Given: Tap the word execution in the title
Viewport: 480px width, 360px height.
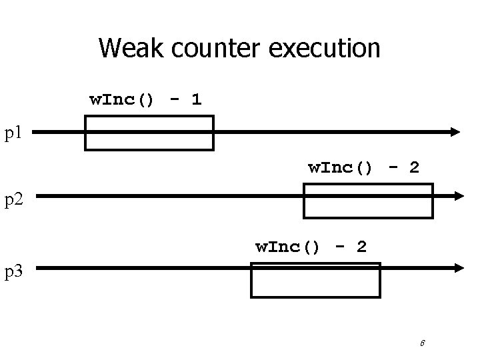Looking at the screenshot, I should click(x=327, y=48).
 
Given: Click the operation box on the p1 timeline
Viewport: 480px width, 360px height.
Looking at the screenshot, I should click(x=149, y=133).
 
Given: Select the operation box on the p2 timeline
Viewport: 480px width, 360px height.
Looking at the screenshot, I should click(x=368, y=200).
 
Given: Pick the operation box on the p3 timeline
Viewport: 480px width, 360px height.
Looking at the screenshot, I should click(x=315, y=279).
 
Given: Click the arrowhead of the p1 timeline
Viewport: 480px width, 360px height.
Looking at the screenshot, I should click(x=455, y=132).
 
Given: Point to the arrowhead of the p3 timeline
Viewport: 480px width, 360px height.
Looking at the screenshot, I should click(x=457, y=268).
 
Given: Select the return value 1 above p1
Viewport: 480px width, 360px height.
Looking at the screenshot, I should click(x=195, y=100).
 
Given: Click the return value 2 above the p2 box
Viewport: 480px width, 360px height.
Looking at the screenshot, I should click(x=414, y=167).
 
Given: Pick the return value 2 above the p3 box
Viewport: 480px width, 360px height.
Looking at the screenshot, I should click(x=361, y=247).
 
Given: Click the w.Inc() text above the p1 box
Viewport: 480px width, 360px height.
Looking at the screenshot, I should click(x=122, y=100).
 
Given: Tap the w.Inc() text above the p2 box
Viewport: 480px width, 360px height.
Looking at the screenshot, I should click(x=340, y=167).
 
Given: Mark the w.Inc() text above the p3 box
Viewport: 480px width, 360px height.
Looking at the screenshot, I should click(x=288, y=247).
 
